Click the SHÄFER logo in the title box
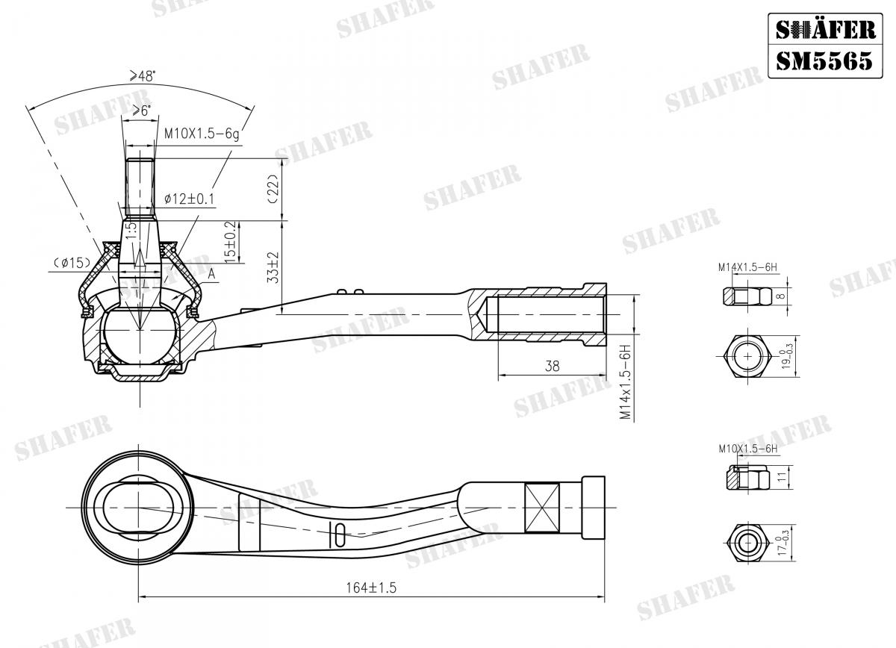pyautogui.click(x=824, y=29)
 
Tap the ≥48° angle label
pyautogui.click(x=143, y=75)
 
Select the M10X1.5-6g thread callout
pyautogui.click(x=202, y=134)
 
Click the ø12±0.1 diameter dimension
pyautogui.click(x=189, y=199)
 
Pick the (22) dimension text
pyautogui.click(x=273, y=190)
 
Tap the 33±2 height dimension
pyautogui.click(x=273, y=267)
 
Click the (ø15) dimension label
pyautogui.click(x=72, y=262)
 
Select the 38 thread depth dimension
pyautogui.click(x=553, y=366)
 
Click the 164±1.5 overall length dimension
pyautogui.click(x=371, y=588)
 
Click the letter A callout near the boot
pyautogui.click(x=212, y=275)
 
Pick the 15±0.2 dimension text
pyautogui.click(x=231, y=240)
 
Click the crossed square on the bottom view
pyautogui.click(x=542, y=508)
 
